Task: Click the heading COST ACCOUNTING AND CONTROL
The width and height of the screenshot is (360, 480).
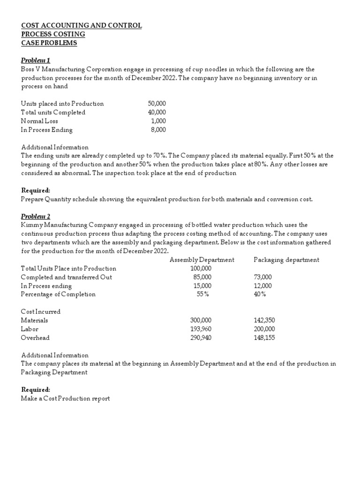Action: pyautogui.click(x=81, y=25)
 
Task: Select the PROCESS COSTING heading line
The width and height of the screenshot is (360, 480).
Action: pyautogui.click(x=53, y=34)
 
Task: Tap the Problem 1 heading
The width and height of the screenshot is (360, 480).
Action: pyautogui.click(x=36, y=60)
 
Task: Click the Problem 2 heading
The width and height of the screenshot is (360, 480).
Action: pyautogui.click(x=36, y=216)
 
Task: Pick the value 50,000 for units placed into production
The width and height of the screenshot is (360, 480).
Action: pyautogui.click(x=157, y=104)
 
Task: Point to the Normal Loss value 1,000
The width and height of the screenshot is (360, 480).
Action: pyautogui.click(x=158, y=121)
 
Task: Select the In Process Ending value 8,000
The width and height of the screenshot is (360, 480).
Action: pyautogui.click(x=158, y=130)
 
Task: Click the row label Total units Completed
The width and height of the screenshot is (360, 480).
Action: pyautogui.click(x=53, y=112)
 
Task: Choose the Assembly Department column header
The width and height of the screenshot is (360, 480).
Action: pyautogui.click(x=202, y=260)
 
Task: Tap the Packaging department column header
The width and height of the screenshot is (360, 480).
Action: pyautogui.click(x=286, y=260)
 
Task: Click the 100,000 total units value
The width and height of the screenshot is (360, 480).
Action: pyautogui.click(x=201, y=269)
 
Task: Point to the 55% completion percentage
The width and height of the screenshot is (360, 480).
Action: pyautogui.click(x=203, y=294)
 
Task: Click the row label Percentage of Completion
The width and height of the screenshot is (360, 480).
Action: pyautogui.click(x=58, y=294)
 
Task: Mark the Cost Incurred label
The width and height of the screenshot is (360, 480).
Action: pyautogui.click(x=41, y=312)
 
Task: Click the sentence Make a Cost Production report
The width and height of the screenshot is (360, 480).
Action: pyautogui.click(x=65, y=399)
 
